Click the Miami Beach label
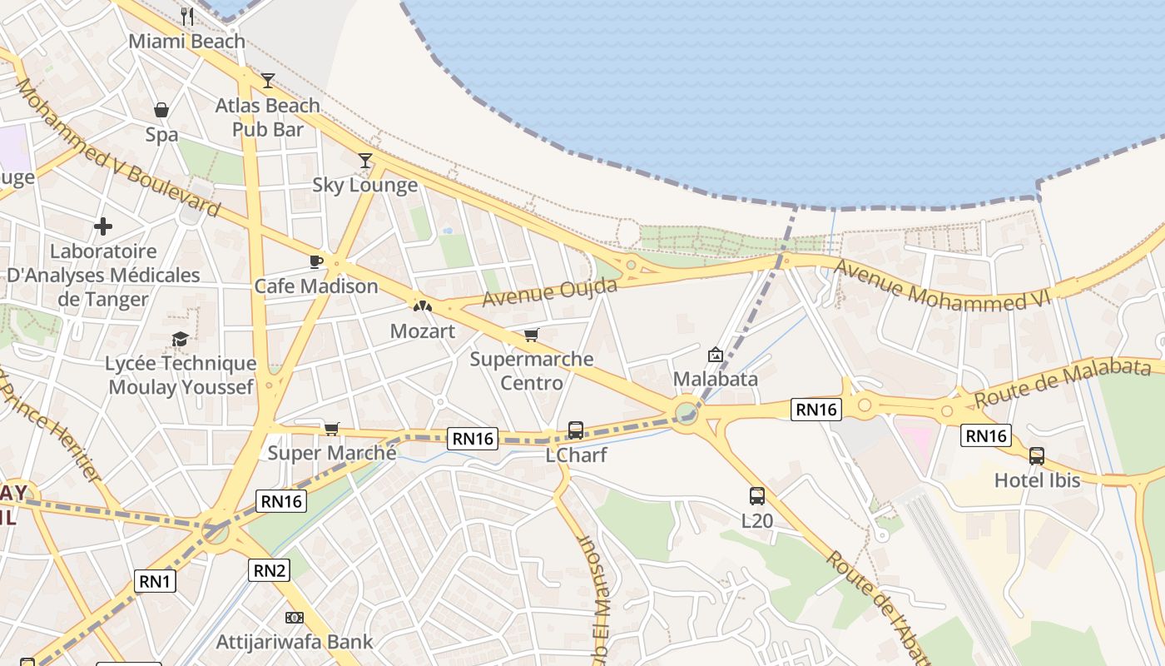186,41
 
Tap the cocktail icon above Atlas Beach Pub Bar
268,81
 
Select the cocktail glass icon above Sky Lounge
364,161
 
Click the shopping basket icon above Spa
161,110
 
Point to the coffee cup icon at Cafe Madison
316,261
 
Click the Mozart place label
423,331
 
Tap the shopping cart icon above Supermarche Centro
531,335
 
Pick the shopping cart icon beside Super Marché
332,429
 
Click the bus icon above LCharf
576,430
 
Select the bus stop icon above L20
757,496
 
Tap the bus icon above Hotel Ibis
1037,455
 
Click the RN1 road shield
155,581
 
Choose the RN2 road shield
270,570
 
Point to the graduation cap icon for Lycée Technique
180,339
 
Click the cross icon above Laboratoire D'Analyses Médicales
103,226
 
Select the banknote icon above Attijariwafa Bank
295,618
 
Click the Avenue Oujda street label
549,292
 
